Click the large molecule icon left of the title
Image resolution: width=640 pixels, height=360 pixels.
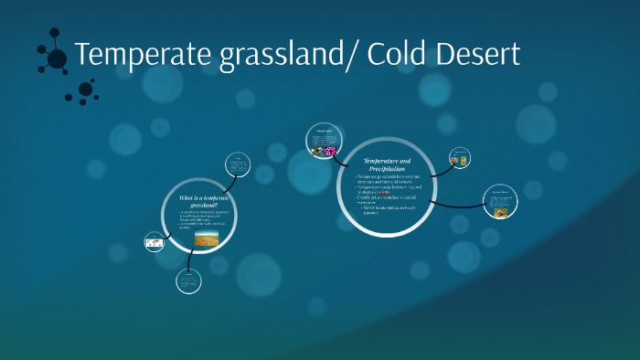(54, 58)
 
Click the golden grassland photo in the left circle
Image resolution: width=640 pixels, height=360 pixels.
(207, 239)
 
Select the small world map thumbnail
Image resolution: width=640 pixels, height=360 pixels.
(155, 243)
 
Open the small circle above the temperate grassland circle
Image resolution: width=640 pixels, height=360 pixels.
(237, 164)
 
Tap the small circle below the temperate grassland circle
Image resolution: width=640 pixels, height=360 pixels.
(188, 281)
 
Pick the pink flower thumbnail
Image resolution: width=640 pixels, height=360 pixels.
(330, 151)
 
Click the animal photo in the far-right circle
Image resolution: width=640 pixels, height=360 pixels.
(501, 213)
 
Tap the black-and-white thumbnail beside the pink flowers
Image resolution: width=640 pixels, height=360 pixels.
(317, 151)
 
